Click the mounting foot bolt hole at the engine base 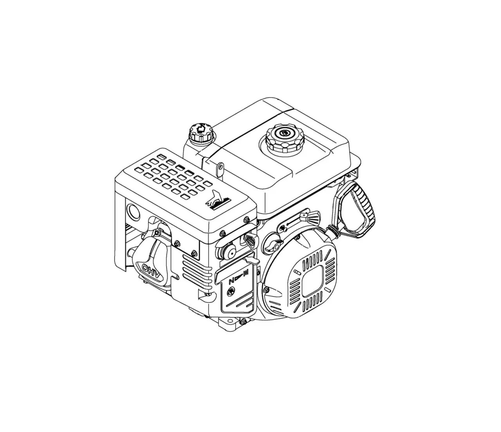point(226,322)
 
